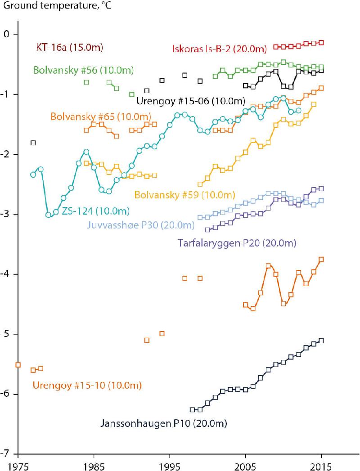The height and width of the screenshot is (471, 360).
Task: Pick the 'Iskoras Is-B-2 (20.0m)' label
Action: pos(219,49)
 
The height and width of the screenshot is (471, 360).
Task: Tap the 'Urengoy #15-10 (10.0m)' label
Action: pos(87,385)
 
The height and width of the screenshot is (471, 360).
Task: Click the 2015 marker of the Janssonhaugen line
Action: pos(321,341)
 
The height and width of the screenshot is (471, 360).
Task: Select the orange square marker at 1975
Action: pos(18,365)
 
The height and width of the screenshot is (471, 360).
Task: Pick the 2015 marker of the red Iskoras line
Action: pos(321,42)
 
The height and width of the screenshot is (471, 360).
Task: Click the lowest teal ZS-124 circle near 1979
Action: pos(48,215)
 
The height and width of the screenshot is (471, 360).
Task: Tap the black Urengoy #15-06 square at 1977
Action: pos(33,143)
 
